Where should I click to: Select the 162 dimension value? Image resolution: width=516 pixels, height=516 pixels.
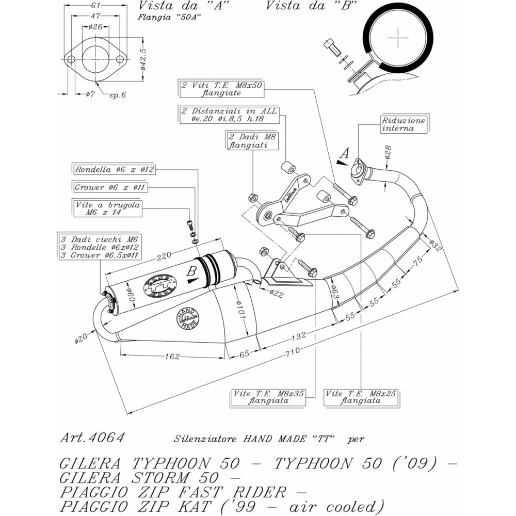(173, 356)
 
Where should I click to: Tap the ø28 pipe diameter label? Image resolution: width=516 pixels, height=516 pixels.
(388, 151)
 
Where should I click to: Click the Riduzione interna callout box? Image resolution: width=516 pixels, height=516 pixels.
(404, 124)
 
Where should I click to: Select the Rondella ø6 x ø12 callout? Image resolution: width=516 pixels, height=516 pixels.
(115, 169)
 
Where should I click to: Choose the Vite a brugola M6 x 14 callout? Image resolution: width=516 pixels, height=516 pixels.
(107, 208)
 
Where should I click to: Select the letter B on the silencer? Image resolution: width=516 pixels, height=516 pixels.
(192, 271)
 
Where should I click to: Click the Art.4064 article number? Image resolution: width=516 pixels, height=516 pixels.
(92, 438)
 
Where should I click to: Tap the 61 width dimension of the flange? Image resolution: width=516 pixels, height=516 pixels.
(95, 6)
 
